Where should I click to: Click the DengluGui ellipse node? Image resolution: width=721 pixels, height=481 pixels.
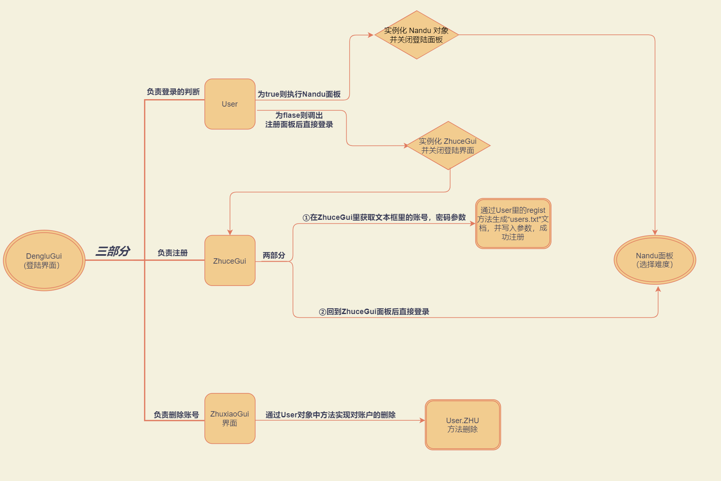44,260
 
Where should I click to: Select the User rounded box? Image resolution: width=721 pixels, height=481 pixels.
230,104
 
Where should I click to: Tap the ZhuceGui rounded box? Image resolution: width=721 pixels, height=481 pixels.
230,260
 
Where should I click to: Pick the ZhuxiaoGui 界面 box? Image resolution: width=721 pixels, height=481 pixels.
230,419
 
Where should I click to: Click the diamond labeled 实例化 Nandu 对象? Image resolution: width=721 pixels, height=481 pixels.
417,35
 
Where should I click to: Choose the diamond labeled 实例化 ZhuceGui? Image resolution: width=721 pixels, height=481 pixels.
448,145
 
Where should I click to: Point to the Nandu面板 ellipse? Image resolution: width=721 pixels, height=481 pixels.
655,260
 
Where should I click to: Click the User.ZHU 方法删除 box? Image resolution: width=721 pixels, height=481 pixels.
463,425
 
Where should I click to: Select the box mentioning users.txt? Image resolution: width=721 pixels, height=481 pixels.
513,224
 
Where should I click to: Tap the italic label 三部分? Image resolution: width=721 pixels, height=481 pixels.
113,251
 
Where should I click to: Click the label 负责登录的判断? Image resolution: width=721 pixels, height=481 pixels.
173,92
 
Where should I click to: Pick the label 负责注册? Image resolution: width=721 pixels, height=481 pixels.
172,253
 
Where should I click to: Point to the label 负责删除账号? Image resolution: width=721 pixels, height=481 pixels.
176,415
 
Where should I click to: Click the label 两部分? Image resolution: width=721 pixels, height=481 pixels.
274,255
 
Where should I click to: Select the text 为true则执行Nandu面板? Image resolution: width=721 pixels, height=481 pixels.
299,94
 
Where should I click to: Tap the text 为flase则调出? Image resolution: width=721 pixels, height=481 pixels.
299,115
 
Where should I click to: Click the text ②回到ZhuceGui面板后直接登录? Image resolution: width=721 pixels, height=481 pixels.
374,312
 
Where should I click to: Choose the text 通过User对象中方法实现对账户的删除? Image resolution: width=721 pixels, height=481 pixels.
331,415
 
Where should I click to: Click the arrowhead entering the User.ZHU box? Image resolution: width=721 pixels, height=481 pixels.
422,420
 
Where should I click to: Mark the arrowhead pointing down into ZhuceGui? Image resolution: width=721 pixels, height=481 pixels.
230,232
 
